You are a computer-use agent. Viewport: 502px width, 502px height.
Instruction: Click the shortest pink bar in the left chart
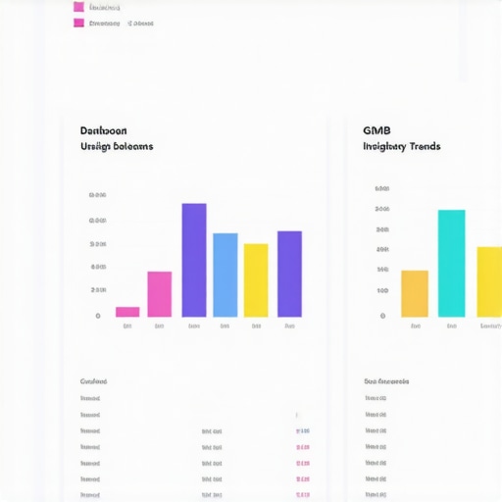pos(127,312)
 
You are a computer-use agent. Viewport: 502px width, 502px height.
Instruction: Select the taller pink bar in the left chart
pos(160,294)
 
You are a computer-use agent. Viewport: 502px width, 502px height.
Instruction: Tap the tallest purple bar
pos(194,260)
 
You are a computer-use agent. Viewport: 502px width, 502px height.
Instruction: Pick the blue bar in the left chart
pos(226,275)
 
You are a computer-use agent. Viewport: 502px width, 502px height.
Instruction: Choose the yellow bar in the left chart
pos(256,280)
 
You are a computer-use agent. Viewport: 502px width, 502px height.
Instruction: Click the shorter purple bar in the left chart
pos(289,274)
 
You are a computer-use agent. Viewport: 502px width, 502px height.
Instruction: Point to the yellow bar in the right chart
pos(489,281)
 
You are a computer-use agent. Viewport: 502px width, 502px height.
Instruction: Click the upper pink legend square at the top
pos(78,7)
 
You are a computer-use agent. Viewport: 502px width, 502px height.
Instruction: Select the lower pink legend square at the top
pos(78,23)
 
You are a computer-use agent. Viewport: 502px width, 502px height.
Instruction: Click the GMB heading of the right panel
pos(376,130)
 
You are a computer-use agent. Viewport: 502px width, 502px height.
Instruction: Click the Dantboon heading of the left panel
pos(103,130)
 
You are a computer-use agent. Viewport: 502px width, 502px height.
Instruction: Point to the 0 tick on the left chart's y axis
pos(98,316)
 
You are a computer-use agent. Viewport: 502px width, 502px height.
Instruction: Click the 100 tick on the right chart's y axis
pos(381,291)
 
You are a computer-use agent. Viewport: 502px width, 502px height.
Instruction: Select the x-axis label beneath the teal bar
pos(451,326)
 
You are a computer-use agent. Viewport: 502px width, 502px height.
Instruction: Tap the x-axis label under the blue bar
pos(226,326)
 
